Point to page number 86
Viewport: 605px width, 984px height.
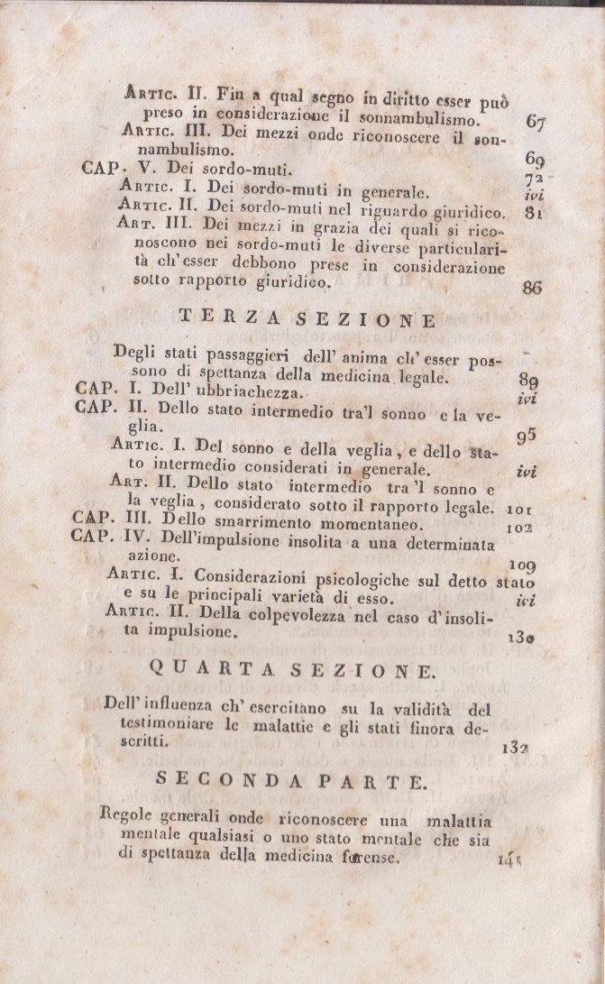tap(532, 289)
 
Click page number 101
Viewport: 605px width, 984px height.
tap(525, 508)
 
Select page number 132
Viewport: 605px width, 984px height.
tap(516, 746)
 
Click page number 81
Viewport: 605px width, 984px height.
tap(533, 214)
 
